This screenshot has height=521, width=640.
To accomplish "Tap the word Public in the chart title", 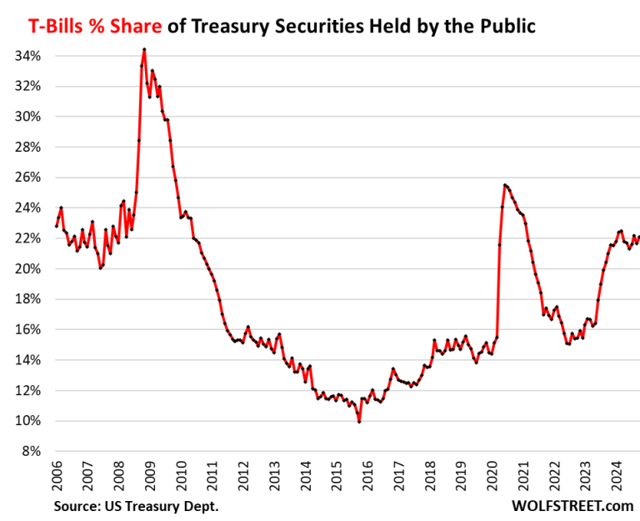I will pos(502,27).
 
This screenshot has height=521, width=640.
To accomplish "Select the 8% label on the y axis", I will pos(34,451).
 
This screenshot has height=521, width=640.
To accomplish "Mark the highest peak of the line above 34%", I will pos(144,49).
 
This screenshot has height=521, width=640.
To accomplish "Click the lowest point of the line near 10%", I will pos(359,422).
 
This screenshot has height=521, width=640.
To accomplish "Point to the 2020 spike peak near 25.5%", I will pos(505,185).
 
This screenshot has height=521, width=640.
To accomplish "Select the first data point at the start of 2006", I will pos(57,226).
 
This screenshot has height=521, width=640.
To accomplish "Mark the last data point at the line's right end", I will pos(637,238).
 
